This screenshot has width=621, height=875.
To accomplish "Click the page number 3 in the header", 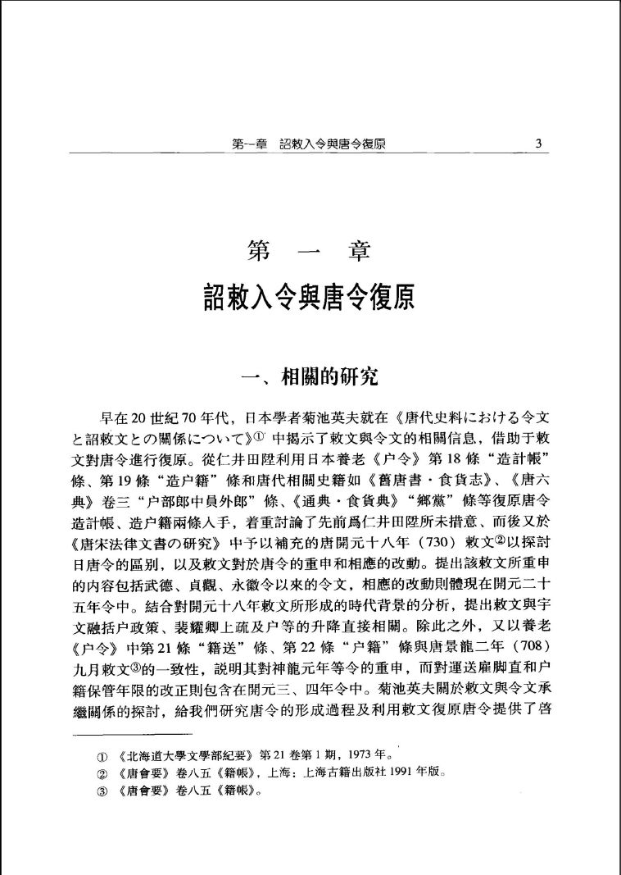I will tap(538, 144).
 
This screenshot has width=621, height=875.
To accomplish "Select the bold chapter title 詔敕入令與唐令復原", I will tap(310, 296).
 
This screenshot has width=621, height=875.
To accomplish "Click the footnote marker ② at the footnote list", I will tap(100, 773).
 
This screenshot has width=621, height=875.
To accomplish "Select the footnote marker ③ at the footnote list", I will tap(100, 792).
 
